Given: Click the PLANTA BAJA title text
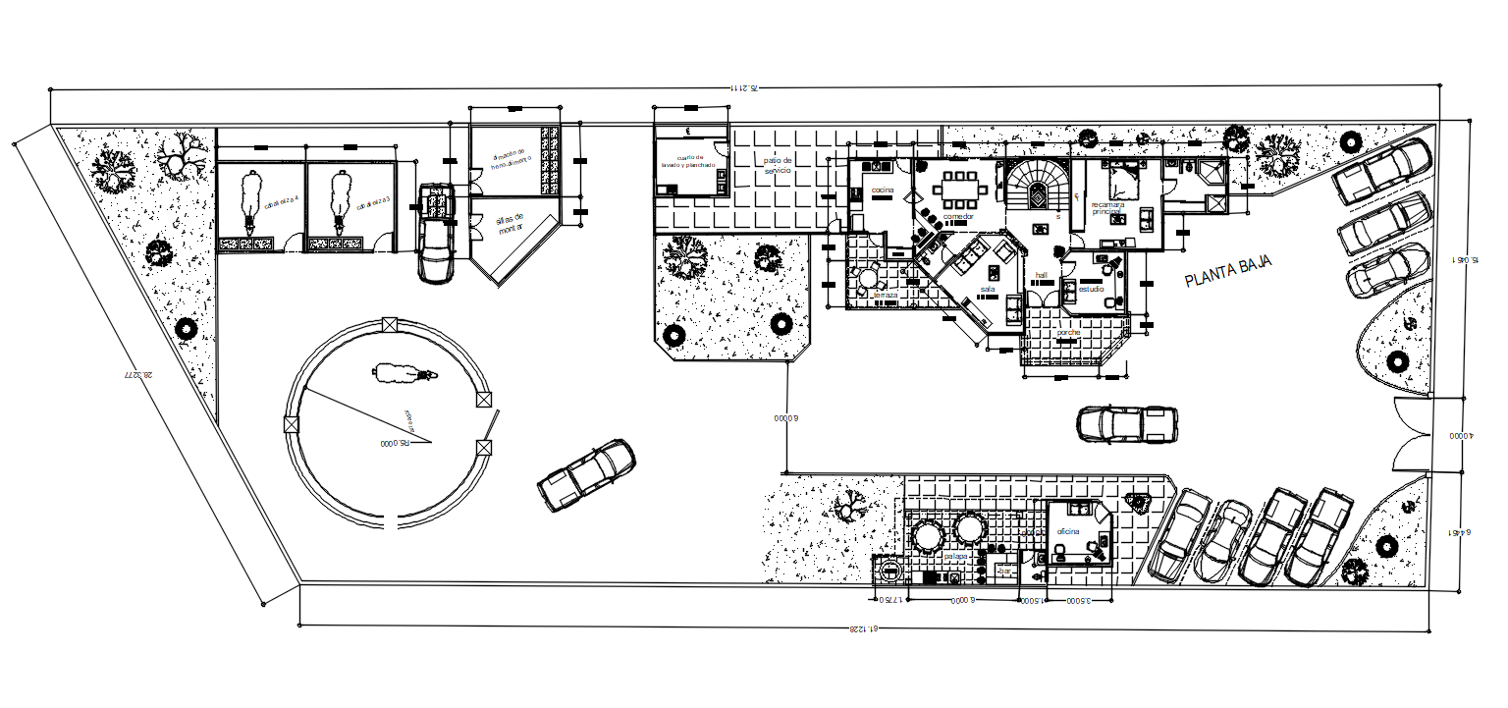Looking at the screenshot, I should click(1228, 271).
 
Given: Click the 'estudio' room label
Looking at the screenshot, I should click(1091, 290).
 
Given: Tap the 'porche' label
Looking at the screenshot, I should click(1069, 333).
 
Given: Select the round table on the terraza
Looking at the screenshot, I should click(867, 277).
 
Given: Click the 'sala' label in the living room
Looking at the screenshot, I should click(988, 289).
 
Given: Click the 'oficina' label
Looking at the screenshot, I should click(1067, 531).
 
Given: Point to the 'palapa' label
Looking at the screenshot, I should click(956, 556).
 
